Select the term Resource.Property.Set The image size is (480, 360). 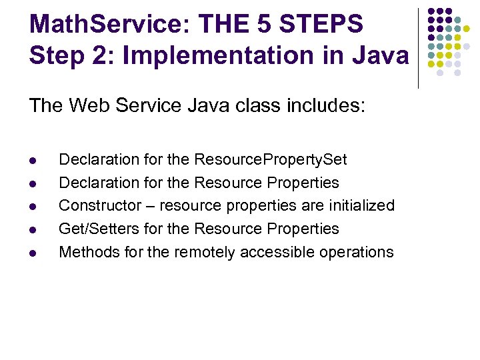(271, 160)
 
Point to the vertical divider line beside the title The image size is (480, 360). (418, 47)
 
